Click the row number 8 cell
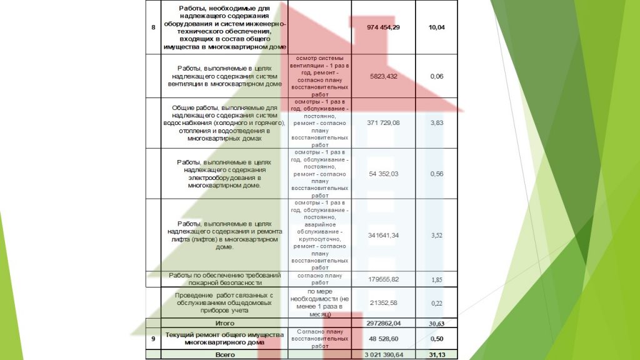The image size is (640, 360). [154, 27]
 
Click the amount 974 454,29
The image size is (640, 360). [383, 27]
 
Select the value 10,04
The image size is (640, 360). [436, 27]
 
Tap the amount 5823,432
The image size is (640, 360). [383, 76]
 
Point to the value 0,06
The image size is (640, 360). [436, 76]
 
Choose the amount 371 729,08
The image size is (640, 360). [383, 123]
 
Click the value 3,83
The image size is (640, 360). [436, 123]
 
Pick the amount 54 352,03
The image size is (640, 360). [383, 174]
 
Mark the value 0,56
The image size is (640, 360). [436, 174]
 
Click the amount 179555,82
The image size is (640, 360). [383, 279]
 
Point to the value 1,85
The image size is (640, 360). [436, 279]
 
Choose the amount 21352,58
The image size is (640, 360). [383, 303]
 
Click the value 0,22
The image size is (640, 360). [436, 303]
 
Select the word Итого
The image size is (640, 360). [224, 323]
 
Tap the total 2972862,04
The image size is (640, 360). [383, 323]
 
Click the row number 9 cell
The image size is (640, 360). [154, 338]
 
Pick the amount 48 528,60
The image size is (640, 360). [383, 338]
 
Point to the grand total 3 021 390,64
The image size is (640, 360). [383, 354]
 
